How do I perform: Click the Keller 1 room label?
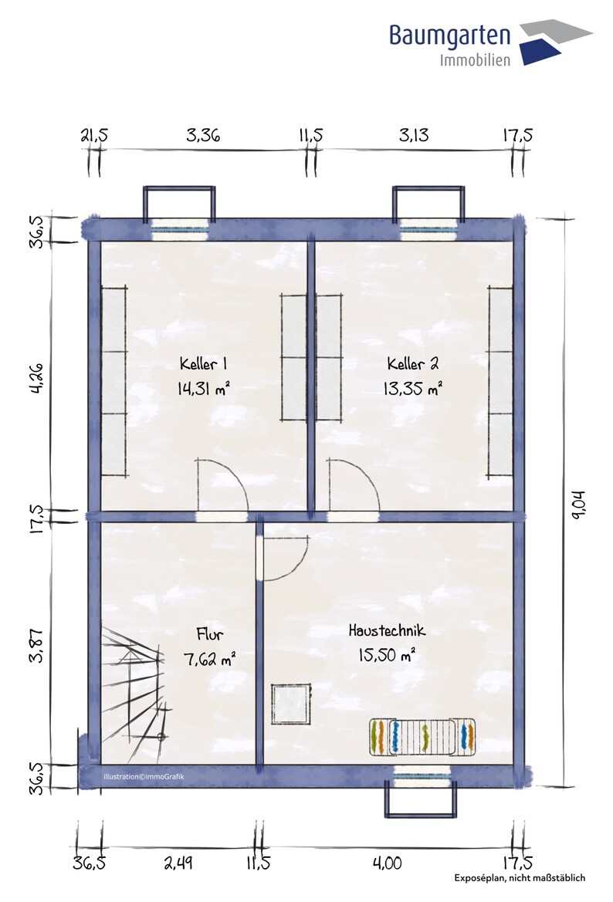[x=203, y=364]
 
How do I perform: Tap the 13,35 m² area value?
[x=412, y=389]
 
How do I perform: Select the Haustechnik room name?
[x=387, y=630]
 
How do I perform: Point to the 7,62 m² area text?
[x=209, y=659]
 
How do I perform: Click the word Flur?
[x=209, y=634]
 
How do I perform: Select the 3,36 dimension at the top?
[x=203, y=135]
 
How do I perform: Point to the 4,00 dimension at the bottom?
[x=387, y=863]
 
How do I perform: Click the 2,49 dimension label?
[x=178, y=863]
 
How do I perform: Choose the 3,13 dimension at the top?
[x=414, y=135]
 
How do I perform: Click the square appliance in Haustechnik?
[x=291, y=705]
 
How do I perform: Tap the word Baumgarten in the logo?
[x=449, y=35]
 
